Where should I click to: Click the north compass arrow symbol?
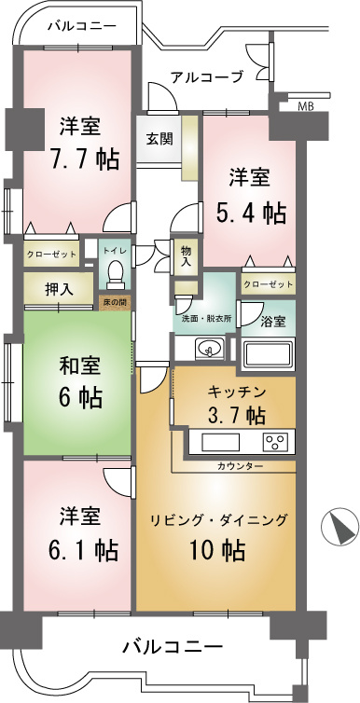pyautogui.click(x=340, y=527)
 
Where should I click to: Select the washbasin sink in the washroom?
pyautogui.click(x=209, y=348)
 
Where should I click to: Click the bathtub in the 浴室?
pyautogui.click(x=268, y=355)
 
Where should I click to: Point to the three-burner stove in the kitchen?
pyautogui.click(x=277, y=442)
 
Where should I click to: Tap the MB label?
pyautogui.click(x=306, y=106)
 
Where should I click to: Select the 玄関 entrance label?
pyautogui.click(x=159, y=139)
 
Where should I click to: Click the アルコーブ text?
pyautogui.click(x=207, y=76)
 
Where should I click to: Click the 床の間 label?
pyautogui.click(x=115, y=303)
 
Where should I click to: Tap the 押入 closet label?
pyautogui.click(x=59, y=289)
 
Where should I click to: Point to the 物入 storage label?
pyautogui.click(x=186, y=255)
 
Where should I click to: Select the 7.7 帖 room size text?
pyautogui.click(x=84, y=159)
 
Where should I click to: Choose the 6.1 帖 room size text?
pyautogui.click(x=83, y=548)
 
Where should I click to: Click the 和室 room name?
pyautogui.click(x=80, y=366)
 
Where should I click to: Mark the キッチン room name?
pyautogui.click(x=237, y=392)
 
